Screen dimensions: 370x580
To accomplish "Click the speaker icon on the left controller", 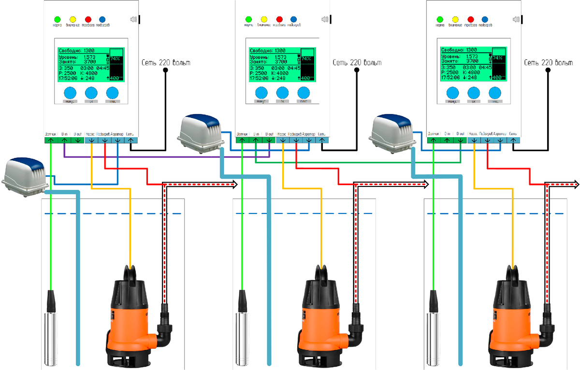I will [x=134, y=20].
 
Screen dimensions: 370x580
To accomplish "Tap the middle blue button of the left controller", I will [x=91, y=93].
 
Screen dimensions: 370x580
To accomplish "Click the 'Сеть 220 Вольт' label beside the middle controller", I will [x=357, y=63].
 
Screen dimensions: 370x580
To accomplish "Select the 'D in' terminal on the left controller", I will [x=64, y=140].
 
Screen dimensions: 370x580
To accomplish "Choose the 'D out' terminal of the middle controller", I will [x=269, y=140].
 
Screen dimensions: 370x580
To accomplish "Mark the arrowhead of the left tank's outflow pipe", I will [x=236, y=184].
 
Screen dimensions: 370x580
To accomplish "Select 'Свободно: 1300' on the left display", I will [x=76, y=50].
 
